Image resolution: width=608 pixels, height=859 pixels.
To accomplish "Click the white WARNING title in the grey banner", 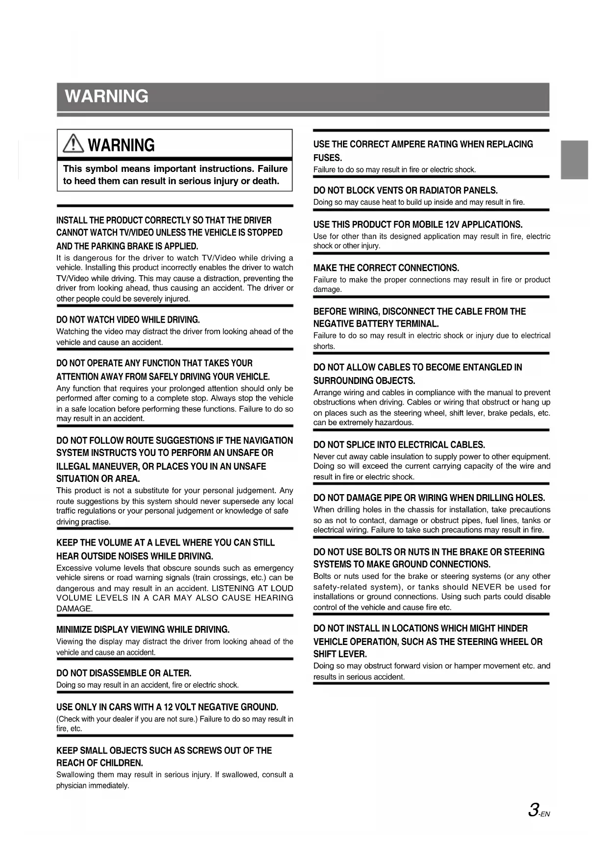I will coord(106,96).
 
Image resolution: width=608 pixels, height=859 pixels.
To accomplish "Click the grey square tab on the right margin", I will coord(574,160).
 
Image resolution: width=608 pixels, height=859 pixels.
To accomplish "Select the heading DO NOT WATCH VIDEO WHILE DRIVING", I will coord(128,320).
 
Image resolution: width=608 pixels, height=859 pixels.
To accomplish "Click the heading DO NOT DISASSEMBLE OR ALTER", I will coord(123,673).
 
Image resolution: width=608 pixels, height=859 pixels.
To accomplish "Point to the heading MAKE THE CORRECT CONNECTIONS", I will coord(386,268).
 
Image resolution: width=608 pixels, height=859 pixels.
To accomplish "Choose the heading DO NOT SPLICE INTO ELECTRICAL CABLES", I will coord(399,445).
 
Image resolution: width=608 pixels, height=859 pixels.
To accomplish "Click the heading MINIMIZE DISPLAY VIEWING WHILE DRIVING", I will coord(143,629).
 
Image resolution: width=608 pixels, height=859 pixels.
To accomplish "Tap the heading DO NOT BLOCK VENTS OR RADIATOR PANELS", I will coord(405,191).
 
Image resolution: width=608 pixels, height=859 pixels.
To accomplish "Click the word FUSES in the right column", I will coord(327,158).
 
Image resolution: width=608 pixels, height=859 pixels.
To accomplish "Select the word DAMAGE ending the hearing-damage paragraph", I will coord(74,609).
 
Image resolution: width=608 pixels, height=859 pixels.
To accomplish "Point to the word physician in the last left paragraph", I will coord(72,786).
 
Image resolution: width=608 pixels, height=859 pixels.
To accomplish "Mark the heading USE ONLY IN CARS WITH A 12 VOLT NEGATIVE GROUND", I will coord(167,707).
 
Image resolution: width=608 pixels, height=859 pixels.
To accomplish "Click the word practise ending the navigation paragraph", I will coord(96,522).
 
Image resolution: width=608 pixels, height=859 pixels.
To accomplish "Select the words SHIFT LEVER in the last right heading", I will coord(340,654).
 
